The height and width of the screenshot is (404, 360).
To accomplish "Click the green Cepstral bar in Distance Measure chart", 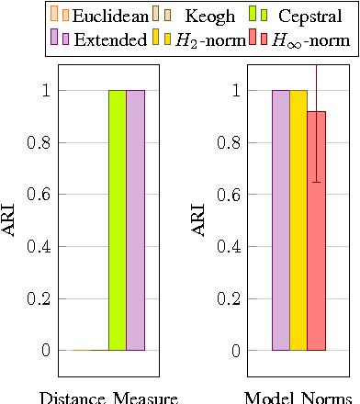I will coord(118,220).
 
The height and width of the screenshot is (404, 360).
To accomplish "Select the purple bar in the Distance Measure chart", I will coord(135,220).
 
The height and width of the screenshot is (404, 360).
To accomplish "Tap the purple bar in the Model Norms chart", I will coord(281,220).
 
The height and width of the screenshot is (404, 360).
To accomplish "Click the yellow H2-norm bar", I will coord(298,220).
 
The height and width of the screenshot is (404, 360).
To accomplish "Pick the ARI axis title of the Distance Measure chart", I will coord(11,221).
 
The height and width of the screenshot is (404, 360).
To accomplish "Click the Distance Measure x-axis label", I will coord(108,398).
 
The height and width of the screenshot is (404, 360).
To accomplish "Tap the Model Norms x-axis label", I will coord(296,398).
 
